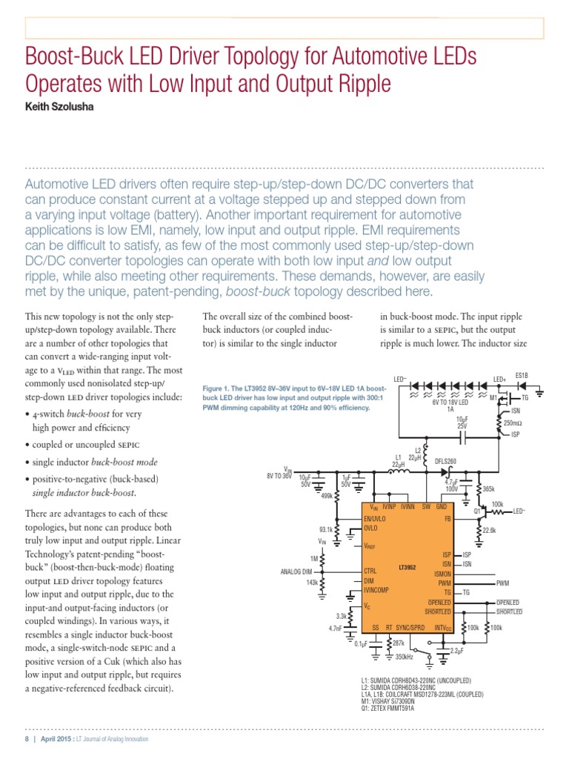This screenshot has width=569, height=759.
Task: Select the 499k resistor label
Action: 325,497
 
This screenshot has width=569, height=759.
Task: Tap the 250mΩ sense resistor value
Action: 513,423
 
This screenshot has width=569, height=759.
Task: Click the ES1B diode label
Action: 522,376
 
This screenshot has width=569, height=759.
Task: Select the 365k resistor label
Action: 488,488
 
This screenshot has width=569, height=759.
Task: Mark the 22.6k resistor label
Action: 489,530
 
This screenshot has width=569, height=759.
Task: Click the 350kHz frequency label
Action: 405,657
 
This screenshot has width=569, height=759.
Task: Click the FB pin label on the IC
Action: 447,519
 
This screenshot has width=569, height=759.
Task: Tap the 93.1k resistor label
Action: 327,530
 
